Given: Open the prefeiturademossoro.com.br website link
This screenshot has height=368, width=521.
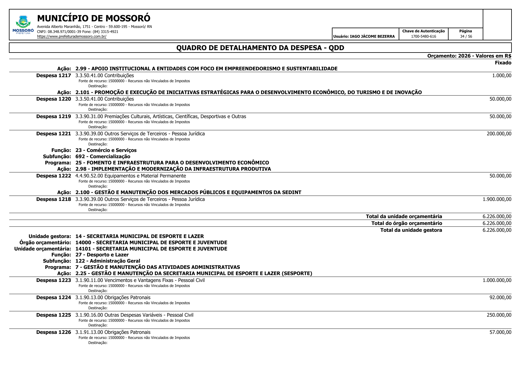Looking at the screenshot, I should [x=72, y=37].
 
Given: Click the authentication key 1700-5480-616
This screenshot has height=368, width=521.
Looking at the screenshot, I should [x=423, y=37].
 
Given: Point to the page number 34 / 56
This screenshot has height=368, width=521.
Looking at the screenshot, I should [x=466, y=37].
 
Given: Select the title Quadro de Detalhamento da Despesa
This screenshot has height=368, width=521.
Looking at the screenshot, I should [x=260, y=48].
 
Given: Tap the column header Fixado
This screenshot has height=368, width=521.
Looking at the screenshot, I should [x=503, y=63].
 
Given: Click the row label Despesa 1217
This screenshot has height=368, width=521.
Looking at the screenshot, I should [x=54, y=75].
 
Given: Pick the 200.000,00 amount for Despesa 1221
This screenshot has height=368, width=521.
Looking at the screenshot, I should [x=499, y=134].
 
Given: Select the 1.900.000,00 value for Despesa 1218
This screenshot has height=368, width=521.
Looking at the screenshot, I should [x=497, y=199].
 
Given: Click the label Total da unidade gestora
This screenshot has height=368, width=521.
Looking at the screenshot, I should [x=411, y=230].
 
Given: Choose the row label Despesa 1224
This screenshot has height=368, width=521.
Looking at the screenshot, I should [x=54, y=297].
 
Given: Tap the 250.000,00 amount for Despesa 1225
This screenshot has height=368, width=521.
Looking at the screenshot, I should [x=499, y=315].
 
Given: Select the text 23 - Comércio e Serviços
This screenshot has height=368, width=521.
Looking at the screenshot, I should [x=106, y=150].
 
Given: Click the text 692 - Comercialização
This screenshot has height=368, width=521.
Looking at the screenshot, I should [x=103, y=156].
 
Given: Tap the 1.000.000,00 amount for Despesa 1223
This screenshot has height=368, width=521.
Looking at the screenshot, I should [x=497, y=280].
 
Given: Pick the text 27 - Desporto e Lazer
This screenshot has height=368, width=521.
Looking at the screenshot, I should [x=102, y=255].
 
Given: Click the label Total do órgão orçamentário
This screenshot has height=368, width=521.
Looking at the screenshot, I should [x=406, y=223].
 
